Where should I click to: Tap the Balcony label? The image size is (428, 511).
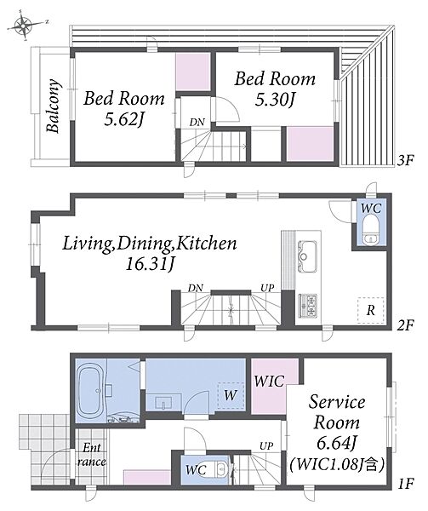(x=53, y=106)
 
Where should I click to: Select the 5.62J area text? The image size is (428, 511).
(x=124, y=121)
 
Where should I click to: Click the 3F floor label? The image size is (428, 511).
(x=406, y=160)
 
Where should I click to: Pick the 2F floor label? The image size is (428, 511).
(x=406, y=325)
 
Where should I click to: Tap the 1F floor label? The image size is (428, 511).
(x=406, y=483)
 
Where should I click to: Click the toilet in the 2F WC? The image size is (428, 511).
(x=372, y=233)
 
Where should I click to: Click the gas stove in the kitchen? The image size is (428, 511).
(x=307, y=306)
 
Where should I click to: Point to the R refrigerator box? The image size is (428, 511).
(x=371, y=310)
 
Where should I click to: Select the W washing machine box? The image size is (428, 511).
(x=231, y=395)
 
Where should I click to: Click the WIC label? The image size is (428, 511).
(x=269, y=381)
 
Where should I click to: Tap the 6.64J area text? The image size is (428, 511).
(x=337, y=443)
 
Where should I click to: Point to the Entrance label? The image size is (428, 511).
(x=92, y=455)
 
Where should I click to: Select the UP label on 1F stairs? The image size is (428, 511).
(x=266, y=445)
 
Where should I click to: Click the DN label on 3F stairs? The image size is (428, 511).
(x=197, y=122)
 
